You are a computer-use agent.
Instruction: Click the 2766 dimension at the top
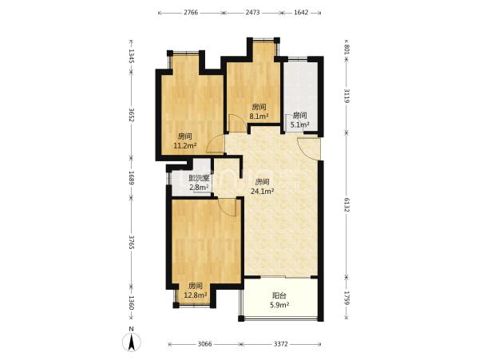[x=191, y=13]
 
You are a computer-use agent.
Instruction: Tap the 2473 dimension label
[x=252, y=13]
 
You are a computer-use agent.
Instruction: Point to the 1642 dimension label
[x=301, y=13]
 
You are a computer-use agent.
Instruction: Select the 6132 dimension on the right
[x=346, y=205]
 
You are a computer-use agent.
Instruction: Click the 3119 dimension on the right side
[x=346, y=96]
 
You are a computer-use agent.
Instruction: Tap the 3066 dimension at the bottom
[x=204, y=344]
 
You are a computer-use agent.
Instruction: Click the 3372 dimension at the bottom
[x=281, y=344]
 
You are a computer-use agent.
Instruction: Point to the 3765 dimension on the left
[x=132, y=242]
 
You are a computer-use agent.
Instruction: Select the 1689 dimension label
[x=132, y=178]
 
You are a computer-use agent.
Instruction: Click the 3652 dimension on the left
[x=132, y=115]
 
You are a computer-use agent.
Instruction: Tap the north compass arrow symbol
[x=132, y=341]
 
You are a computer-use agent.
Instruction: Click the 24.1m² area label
[x=262, y=192]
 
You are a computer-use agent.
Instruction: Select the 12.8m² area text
[x=196, y=295]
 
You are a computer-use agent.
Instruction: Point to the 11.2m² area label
[x=185, y=145]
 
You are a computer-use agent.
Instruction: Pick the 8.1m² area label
[x=259, y=116]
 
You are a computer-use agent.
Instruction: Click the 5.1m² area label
[x=299, y=125]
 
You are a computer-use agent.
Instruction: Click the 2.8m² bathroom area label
[x=199, y=187]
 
